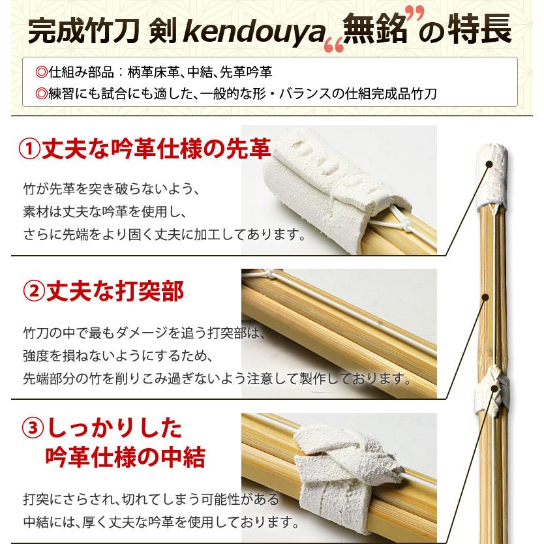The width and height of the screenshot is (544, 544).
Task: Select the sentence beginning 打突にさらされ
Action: tap(151, 500)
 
